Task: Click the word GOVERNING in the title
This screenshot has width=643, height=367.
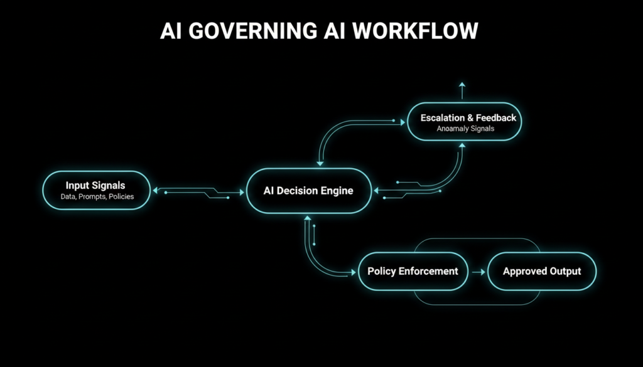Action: (242, 31)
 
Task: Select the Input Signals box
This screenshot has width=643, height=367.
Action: (96, 191)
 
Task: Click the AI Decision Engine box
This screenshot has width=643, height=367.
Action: (308, 191)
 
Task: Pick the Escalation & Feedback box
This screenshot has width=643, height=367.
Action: (465, 122)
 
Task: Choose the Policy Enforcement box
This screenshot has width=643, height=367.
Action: (413, 272)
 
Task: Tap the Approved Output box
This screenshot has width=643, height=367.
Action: (541, 272)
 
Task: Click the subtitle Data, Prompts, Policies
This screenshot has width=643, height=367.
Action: (96, 197)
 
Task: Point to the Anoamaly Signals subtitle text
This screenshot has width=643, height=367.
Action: (465, 129)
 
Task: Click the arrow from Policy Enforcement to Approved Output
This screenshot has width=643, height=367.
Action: (478, 272)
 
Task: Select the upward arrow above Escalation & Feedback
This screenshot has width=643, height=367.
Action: (463, 89)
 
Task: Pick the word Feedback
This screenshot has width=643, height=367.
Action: (496, 117)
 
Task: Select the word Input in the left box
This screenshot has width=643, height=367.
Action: (77, 186)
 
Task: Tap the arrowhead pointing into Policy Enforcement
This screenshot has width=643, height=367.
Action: (350, 272)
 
